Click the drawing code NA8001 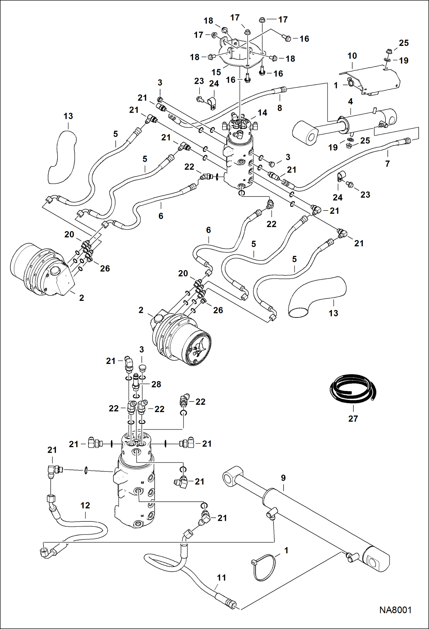[x=395, y=610]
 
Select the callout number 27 [x=353, y=418]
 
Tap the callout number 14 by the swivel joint [x=262, y=113]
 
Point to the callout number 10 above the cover [x=352, y=56]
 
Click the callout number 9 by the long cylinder [x=283, y=478]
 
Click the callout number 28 [x=156, y=384]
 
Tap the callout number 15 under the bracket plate [x=216, y=72]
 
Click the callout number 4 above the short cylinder [x=350, y=101]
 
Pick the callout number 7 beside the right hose [x=387, y=164]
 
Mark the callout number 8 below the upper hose [x=280, y=108]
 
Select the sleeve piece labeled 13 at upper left [x=62, y=156]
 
